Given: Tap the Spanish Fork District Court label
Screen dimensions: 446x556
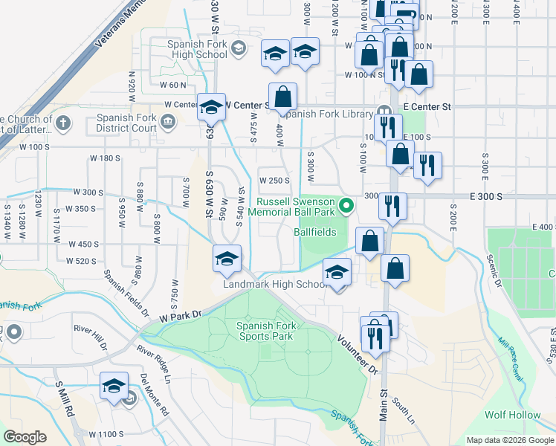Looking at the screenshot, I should click(126, 122).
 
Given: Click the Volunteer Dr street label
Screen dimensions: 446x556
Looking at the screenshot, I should click(358, 353).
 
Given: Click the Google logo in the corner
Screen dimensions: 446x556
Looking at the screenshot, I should click(25, 437).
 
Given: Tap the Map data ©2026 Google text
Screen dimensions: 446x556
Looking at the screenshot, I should click(510, 440).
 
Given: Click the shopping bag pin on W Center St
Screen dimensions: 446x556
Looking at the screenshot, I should click(283, 97).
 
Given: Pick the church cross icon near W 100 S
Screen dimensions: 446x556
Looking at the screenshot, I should click(64, 122).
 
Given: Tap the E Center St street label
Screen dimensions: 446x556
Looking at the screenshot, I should click(428, 107).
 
